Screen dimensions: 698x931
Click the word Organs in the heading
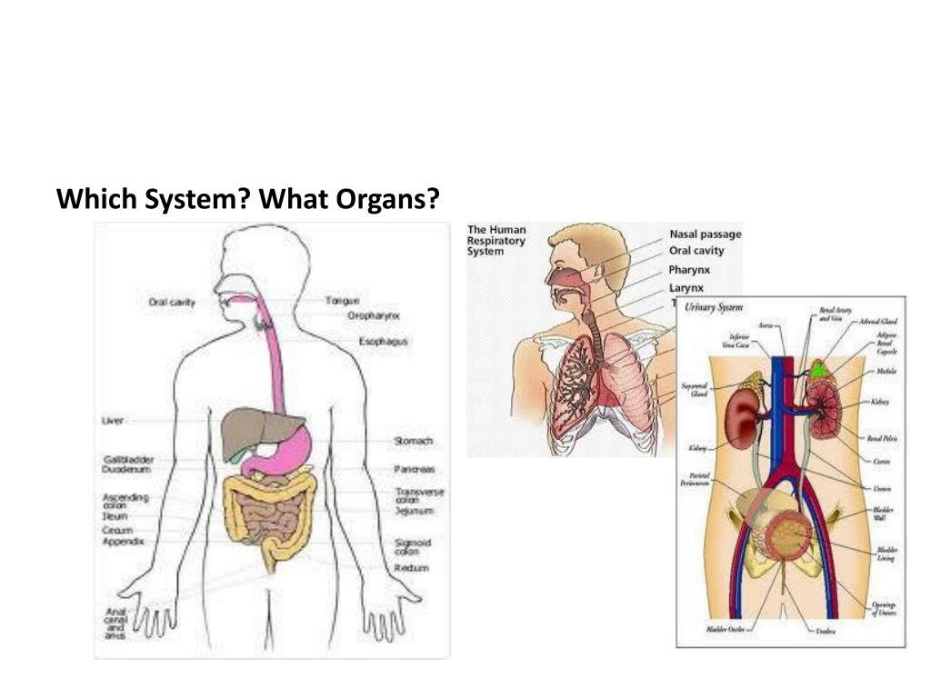click(387, 199)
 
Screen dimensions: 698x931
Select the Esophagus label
click(383, 342)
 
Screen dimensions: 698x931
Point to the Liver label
click(113, 421)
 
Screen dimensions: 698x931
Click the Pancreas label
click(414, 469)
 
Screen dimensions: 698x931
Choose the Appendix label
click(124, 542)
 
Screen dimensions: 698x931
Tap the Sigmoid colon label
click(412, 547)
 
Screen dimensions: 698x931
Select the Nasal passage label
click(705, 234)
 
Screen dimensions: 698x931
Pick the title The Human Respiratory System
click(496, 240)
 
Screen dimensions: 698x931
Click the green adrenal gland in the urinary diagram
click(819, 370)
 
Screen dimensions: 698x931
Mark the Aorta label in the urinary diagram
click(766, 324)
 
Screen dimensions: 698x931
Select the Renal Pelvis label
click(882, 438)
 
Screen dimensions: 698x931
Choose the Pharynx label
click(689, 270)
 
